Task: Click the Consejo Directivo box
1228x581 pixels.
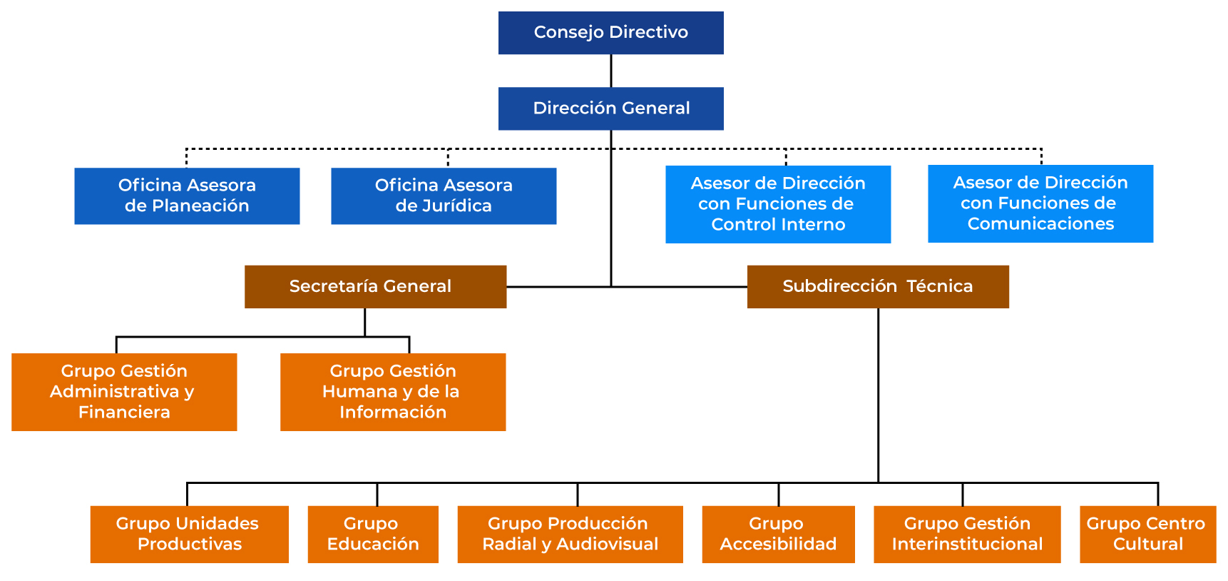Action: [610, 33]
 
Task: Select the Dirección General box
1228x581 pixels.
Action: [610, 108]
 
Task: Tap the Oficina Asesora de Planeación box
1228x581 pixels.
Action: [187, 196]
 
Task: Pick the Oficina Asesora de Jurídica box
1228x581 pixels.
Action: [444, 196]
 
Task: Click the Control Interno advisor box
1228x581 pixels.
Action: [778, 204]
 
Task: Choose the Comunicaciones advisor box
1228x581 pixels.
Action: [1040, 203]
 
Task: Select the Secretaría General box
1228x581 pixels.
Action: [375, 286]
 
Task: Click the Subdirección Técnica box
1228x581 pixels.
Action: [878, 286]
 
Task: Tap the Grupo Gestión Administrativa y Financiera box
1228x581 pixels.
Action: [124, 392]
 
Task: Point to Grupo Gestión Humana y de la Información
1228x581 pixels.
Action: [393, 392]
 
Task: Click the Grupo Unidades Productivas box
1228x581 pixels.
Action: [189, 534]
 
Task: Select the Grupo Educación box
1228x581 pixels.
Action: [373, 534]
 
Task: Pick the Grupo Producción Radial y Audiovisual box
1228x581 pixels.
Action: [570, 534]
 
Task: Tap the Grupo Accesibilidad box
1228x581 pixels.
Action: [778, 534]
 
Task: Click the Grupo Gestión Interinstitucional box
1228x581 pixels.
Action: [967, 534]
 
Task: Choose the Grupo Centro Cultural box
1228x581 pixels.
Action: [1147, 534]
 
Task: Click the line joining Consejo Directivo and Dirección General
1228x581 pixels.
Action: [611, 71]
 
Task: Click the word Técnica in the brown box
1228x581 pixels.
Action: [939, 286]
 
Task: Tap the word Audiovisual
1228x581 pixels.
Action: [607, 545]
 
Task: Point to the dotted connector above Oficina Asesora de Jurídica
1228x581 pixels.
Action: [448, 158]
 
